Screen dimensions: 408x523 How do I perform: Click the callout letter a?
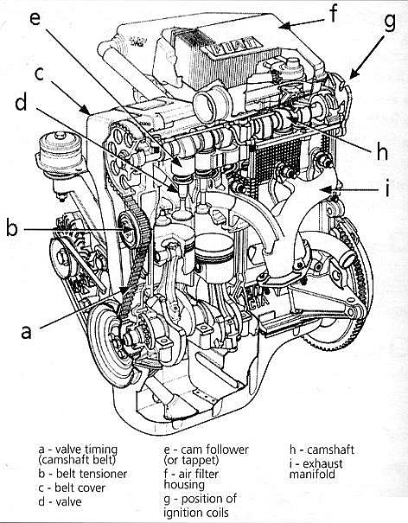click(x=26, y=332)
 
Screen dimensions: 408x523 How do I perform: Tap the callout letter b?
click(x=12, y=227)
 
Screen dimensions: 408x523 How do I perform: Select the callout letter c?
click(x=39, y=74)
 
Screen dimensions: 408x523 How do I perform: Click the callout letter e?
click(x=35, y=17)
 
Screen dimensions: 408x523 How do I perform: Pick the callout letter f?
click(x=334, y=13)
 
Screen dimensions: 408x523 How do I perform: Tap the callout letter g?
click(x=389, y=22)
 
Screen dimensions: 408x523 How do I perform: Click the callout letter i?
click(x=387, y=188)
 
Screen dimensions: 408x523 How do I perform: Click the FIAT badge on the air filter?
click(x=233, y=47)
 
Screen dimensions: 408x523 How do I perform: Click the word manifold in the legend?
click(x=312, y=475)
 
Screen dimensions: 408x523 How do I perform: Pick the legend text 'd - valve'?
click(x=60, y=501)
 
